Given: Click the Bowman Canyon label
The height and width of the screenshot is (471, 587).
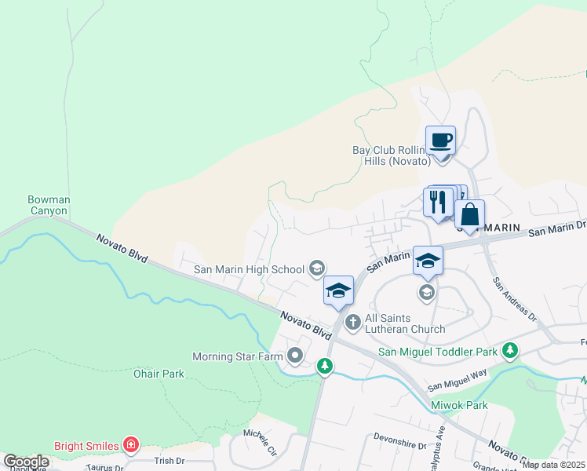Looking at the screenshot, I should [x=48, y=205].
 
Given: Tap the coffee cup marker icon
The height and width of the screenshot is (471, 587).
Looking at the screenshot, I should [x=440, y=141].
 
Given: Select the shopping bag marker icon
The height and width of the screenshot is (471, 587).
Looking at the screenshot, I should [x=469, y=214].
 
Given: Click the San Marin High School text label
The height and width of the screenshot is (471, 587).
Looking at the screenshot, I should [x=250, y=269].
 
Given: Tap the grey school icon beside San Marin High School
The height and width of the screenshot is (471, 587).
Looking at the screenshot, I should [x=316, y=269].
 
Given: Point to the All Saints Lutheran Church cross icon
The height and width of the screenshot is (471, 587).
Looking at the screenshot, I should [x=353, y=321].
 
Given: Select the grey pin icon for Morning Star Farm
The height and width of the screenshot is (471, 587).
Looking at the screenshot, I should [x=295, y=356].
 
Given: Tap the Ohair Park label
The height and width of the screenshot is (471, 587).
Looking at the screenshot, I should [x=159, y=374].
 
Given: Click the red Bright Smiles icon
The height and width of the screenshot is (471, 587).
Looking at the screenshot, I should [x=132, y=446].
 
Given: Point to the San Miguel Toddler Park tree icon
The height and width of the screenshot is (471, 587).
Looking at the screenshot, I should [x=511, y=349].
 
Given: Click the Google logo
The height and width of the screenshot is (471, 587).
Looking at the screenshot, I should [x=26, y=462].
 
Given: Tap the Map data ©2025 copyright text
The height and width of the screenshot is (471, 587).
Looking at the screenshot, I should [x=554, y=465].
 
